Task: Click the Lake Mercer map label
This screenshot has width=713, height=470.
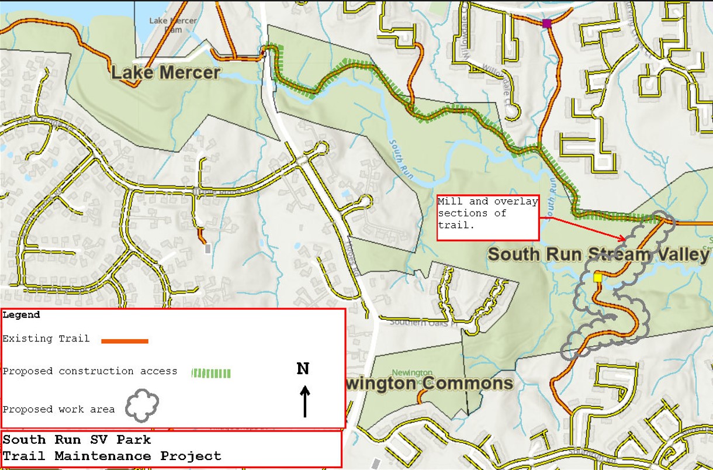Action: [165, 73]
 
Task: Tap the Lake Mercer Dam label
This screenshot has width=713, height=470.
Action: [165, 25]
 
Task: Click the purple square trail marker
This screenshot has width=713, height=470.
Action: [547, 23]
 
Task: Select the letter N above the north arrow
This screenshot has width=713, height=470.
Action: [303, 369]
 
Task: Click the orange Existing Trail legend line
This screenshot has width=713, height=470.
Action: [124, 341]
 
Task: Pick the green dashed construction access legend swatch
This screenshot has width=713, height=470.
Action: [212, 373]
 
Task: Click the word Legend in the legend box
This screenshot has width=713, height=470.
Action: [22, 315]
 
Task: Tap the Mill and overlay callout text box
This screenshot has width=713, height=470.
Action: [487, 217]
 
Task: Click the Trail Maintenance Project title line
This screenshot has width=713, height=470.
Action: [112, 456]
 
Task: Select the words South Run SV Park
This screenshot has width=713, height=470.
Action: [77, 440]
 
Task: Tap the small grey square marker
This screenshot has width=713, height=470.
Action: [207, 248]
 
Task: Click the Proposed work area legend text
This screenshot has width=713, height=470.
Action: [58, 409]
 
